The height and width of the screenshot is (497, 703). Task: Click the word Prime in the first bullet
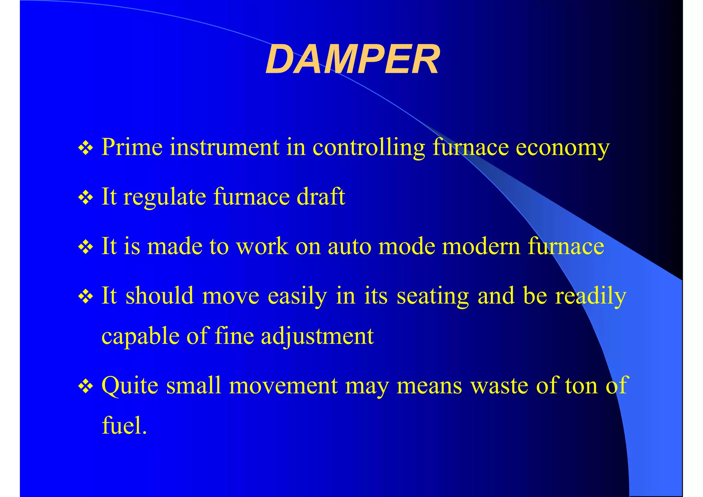132,147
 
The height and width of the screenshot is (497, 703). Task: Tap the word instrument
224,147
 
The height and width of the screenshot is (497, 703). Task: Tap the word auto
349,246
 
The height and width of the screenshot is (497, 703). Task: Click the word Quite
130,386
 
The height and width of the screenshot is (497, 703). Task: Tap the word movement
283,386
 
